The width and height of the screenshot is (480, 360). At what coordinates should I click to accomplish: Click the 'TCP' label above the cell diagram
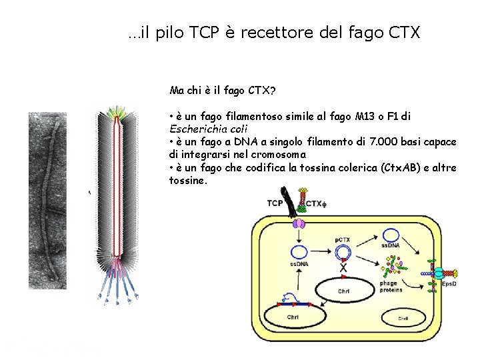[x=275, y=203]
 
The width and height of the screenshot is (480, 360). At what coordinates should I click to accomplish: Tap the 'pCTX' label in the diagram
[x=343, y=239]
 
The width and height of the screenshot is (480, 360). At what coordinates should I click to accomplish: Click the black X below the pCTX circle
[x=343, y=268]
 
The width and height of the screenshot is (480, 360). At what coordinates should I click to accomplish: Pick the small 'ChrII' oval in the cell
[x=403, y=319]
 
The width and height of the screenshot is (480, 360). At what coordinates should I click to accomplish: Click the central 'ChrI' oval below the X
[x=343, y=291]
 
